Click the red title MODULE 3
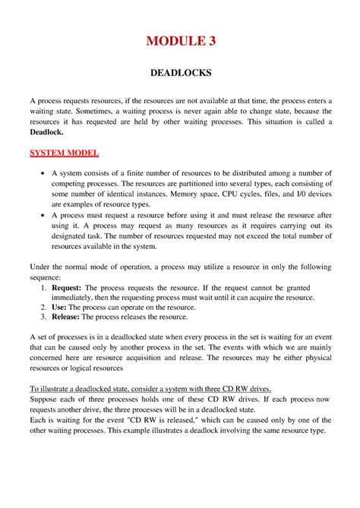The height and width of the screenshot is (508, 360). (x=180, y=42)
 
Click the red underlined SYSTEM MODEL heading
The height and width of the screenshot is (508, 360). (x=64, y=153)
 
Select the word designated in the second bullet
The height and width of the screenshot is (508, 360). (x=74, y=236)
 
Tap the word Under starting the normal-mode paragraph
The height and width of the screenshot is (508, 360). (x=42, y=267)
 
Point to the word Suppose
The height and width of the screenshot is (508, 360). (x=46, y=399)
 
